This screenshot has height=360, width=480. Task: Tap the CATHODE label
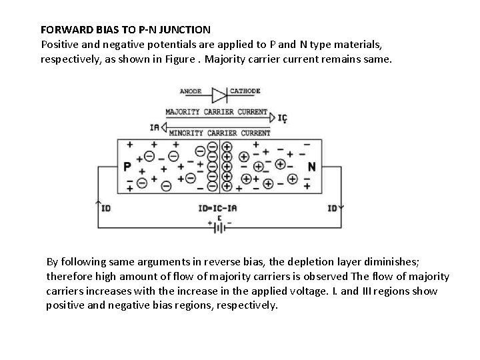click(x=245, y=91)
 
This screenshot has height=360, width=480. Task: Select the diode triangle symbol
click(x=219, y=95)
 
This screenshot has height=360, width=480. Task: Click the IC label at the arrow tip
click(x=283, y=118)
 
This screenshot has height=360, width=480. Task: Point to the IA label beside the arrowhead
click(x=155, y=127)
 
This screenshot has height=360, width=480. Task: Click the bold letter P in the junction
click(x=127, y=166)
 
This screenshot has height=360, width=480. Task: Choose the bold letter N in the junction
click(x=311, y=166)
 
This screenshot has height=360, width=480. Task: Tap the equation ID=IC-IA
click(x=217, y=208)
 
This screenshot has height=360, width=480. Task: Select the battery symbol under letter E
click(x=218, y=227)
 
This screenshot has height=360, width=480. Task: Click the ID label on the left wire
click(x=106, y=208)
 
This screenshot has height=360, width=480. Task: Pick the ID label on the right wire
click(x=332, y=208)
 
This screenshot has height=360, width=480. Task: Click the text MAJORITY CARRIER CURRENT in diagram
click(x=216, y=111)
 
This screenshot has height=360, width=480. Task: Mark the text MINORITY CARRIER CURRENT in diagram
click(x=219, y=133)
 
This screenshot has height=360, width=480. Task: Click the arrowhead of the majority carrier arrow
click(x=271, y=118)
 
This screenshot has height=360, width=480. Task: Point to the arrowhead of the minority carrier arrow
click(x=165, y=127)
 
